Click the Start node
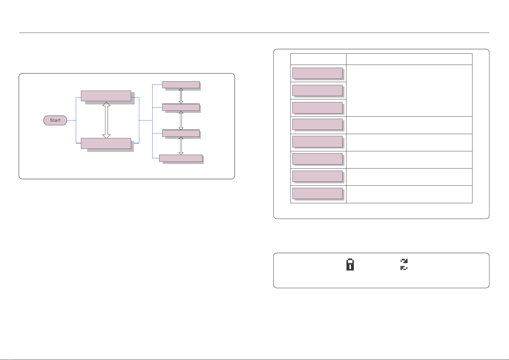[x=55, y=120]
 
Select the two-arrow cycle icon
[x=404, y=264]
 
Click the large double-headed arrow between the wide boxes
[x=106, y=120]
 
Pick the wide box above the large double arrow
[x=106, y=96]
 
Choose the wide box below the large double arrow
[x=106, y=143]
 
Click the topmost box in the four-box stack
[x=181, y=85]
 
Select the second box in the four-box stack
[x=181, y=107]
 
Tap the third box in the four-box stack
[x=181, y=133]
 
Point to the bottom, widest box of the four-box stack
[x=181, y=158]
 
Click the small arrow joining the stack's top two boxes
[x=181, y=96]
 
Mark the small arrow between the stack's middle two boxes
[x=181, y=120]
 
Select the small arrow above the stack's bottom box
[x=181, y=146]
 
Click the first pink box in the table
[x=317, y=73]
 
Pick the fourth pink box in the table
[x=317, y=124]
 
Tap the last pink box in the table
[x=317, y=193]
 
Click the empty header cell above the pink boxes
[x=318, y=59]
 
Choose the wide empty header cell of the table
[x=409, y=59]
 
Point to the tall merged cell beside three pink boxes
[x=409, y=91]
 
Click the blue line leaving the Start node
[x=71, y=120]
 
